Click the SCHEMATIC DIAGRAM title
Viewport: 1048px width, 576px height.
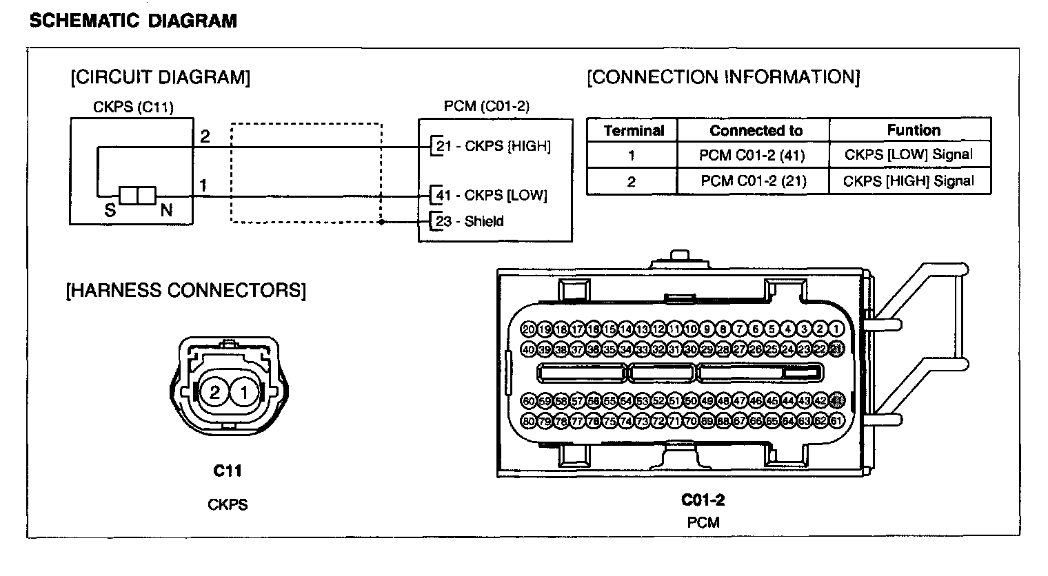click(133, 21)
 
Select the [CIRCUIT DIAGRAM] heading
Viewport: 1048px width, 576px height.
click(160, 76)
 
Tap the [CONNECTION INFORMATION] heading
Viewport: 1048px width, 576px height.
click(723, 76)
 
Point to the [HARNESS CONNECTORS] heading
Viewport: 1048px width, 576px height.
click(185, 290)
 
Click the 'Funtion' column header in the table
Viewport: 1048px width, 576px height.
click(914, 130)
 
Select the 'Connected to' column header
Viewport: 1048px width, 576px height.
click(756, 130)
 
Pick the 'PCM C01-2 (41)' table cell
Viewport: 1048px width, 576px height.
click(752, 155)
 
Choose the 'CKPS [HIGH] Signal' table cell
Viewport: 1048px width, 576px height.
click(909, 181)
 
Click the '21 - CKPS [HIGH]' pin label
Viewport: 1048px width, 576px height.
click(494, 146)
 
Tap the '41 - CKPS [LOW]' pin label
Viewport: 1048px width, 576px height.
click(492, 196)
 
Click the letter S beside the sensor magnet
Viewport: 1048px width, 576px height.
click(110, 211)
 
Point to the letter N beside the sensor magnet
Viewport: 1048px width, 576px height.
click(166, 211)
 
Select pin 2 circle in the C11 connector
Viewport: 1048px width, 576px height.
click(214, 393)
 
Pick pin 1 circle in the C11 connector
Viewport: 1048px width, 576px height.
click(243, 393)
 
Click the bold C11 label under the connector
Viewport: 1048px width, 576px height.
click(228, 471)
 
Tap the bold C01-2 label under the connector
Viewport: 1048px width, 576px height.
click(703, 500)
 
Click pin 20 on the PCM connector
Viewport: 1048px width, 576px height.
click(529, 329)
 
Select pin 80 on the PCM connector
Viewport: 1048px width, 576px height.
click(529, 420)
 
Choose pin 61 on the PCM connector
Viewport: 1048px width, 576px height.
click(837, 420)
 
